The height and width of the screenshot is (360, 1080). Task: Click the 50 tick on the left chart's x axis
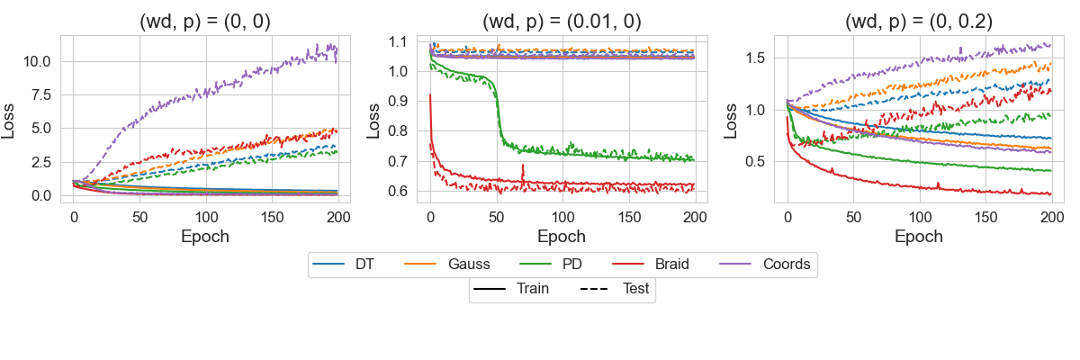140,218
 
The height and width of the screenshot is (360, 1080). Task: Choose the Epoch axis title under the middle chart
562,237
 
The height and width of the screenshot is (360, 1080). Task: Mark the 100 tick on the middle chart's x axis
562,218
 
